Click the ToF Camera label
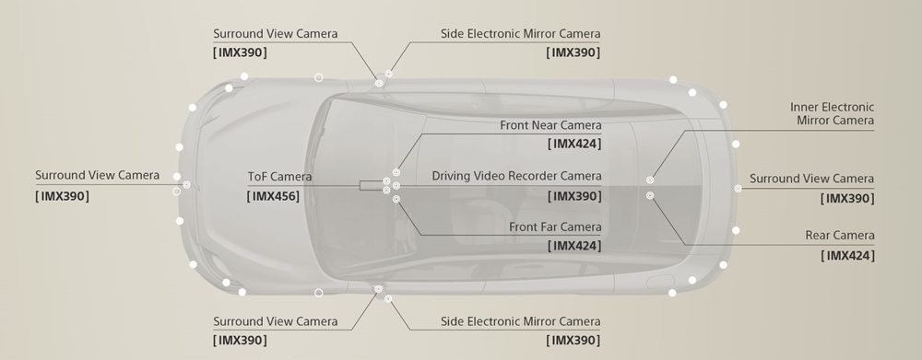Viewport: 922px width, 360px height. (x=279, y=176)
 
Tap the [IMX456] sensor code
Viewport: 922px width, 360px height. (x=274, y=196)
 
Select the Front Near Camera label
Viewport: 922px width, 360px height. (x=550, y=124)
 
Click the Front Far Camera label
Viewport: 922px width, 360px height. (x=555, y=226)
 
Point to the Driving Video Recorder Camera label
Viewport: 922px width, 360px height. (x=516, y=176)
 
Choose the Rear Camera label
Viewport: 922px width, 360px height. (x=839, y=236)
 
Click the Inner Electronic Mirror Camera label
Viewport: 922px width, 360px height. (x=833, y=113)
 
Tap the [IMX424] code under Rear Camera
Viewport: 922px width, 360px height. (x=847, y=255)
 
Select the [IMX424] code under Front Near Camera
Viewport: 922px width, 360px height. (x=573, y=144)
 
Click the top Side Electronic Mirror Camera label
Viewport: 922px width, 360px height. (x=520, y=34)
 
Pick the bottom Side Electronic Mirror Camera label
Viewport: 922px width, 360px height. (x=520, y=321)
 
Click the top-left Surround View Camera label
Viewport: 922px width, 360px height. (x=275, y=34)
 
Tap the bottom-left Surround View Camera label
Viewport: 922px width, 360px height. (x=275, y=321)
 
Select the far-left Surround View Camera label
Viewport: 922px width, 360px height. (x=97, y=175)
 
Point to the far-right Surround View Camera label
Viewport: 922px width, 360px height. (x=811, y=179)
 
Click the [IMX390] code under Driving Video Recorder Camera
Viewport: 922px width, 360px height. (x=573, y=195)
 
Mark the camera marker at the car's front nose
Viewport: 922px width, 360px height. (x=186, y=185)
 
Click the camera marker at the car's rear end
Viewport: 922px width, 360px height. (x=738, y=189)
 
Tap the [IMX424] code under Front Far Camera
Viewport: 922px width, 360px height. (x=573, y=246)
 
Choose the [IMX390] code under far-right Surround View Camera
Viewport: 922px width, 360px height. (x=846, y=198)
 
